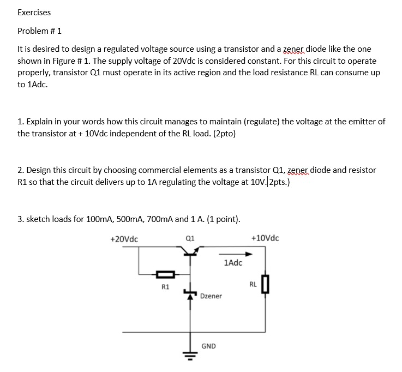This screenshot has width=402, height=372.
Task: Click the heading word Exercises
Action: [34, 12]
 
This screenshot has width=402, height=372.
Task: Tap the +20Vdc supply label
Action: [124, 238]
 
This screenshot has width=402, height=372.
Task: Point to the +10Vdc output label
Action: [265, 238]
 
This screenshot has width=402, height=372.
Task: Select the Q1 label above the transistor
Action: [190, 238]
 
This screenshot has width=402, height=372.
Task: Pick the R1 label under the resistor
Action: [166, 286]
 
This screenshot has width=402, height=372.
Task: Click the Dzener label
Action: [211, 296]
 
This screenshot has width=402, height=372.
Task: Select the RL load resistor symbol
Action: [265, 284]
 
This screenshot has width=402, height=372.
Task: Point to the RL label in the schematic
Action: [253, 284]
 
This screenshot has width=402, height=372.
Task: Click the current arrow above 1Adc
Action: [236, 254]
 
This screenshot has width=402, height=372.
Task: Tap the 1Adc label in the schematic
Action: [233, 263]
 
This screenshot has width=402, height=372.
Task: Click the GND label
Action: [208, 346]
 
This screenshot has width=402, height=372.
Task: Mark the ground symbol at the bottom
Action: [190, 357]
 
